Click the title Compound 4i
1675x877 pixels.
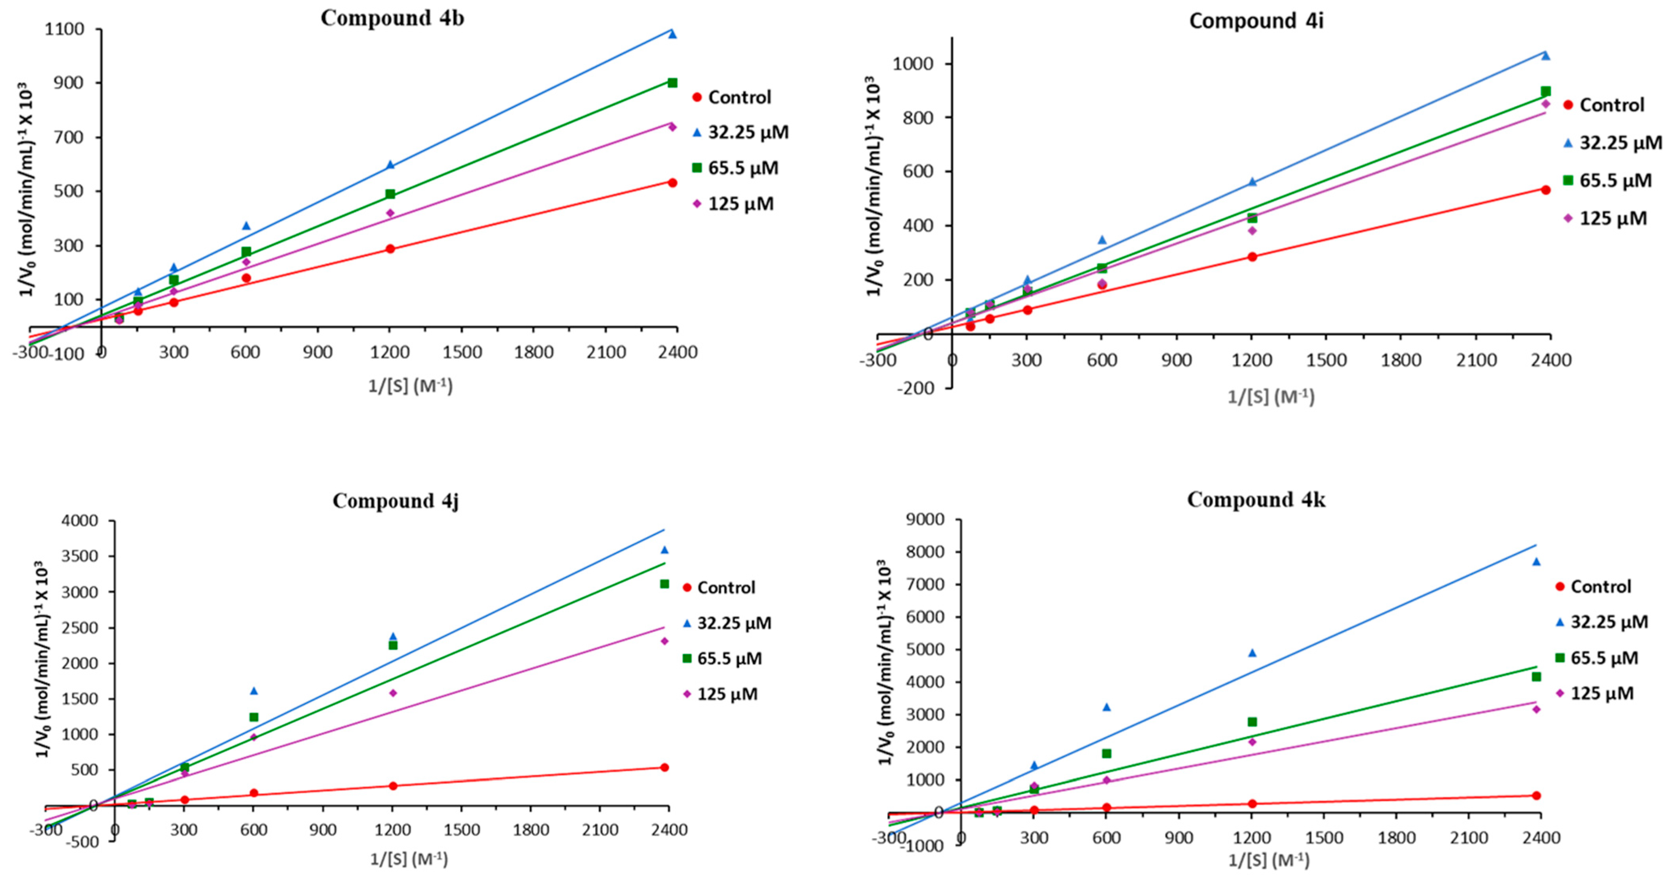click(x=1256, y=21)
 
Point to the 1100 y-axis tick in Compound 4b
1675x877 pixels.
click(x=64, y=29)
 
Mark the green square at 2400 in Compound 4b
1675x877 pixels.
click(x=673, y=82)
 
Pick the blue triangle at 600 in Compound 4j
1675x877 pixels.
click(x=254, y=690)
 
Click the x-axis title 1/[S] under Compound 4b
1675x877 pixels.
click(x=410, y=386)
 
